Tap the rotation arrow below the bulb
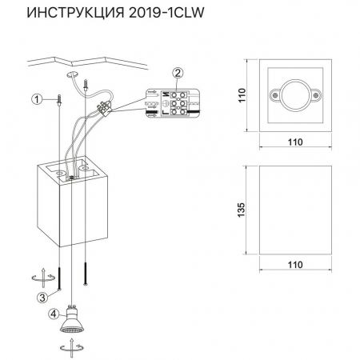click(71, 350)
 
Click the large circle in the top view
click(294, 94)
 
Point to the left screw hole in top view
click(276, 94)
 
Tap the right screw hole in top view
click(313, 94)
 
